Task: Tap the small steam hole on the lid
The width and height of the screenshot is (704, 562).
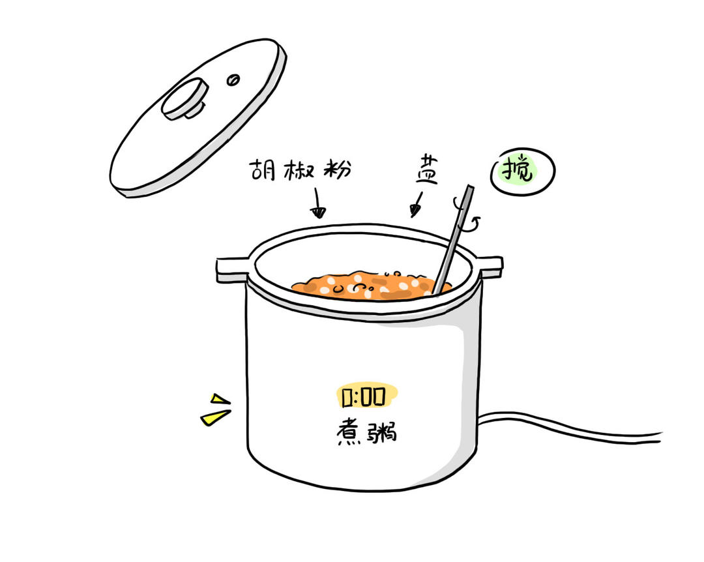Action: (x=233, y=80)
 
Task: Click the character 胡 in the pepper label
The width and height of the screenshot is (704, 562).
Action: (x=263, y=170)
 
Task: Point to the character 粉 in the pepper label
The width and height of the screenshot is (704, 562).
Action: (x=336, y=168)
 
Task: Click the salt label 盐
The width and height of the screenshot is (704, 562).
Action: (x=426, y=170)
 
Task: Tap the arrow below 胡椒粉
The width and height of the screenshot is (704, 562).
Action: (x=318, y=203)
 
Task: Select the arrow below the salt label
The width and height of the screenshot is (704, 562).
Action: (x=417, y=205)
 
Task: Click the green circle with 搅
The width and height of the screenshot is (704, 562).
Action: (x=522, y=171)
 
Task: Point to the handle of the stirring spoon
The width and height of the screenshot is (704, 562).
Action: (x=454, y=239)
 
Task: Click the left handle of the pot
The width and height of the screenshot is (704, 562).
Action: (x=232, y=269)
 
